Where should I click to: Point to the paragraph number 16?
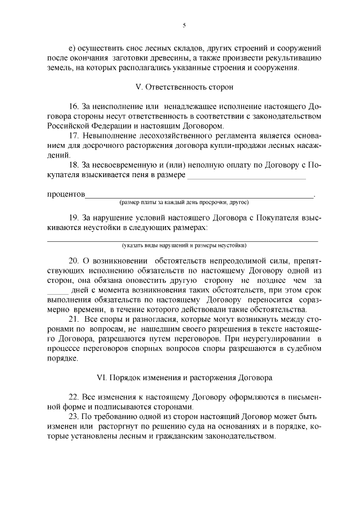point(73,106)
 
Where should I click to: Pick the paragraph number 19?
point(73,217)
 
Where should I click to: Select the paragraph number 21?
point(74,319)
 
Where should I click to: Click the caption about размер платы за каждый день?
point(183,202)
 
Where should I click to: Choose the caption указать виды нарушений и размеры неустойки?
point(184,246)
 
